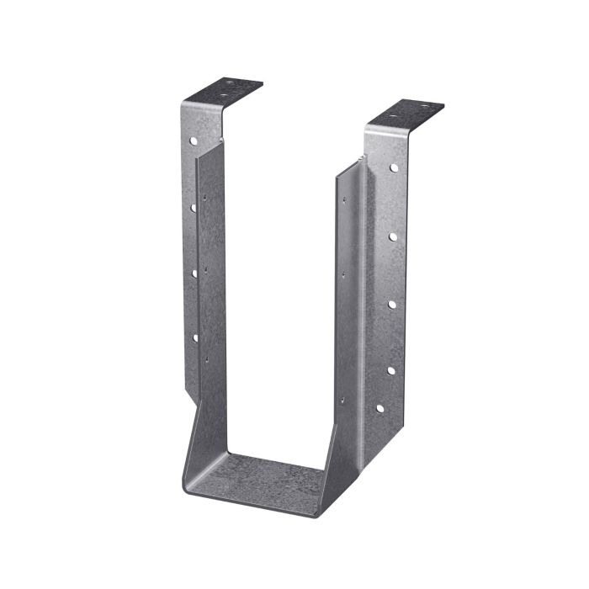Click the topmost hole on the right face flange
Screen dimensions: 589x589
coord(393,168)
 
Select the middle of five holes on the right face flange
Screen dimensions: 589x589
coord(392,305)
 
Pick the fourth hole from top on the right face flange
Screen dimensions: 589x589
coord(390,369)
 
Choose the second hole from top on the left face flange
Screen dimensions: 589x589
coord(194,207)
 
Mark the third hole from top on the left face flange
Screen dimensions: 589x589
coord(194,273)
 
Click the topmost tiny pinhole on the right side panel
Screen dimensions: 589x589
coord(343,200)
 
